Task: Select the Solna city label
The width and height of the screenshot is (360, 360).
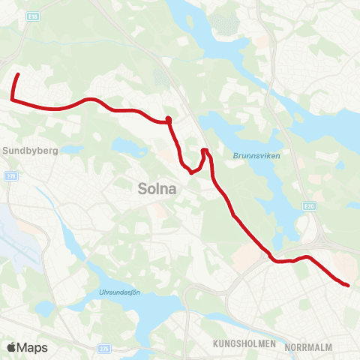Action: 157,190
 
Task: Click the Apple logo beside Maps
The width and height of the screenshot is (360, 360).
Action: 11,347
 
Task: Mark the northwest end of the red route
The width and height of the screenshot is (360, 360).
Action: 17,74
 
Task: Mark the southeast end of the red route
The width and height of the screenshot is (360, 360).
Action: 348,285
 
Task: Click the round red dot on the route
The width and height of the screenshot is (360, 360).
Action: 169,119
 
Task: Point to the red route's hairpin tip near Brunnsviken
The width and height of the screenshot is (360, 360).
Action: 205,151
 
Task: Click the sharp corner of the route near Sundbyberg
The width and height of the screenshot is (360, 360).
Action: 12,98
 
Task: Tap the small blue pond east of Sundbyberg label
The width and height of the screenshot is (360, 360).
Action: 73,150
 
